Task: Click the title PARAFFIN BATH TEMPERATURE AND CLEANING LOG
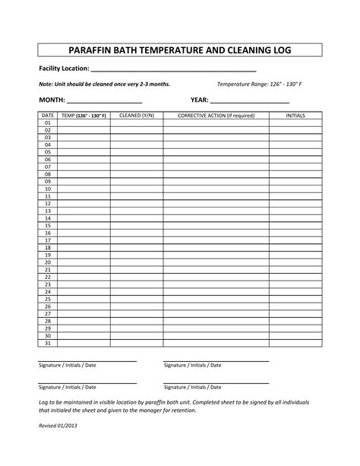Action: pos(179,50)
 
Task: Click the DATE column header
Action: pos(48,115)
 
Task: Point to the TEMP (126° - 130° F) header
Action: pos(84,115)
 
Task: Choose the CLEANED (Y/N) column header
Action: pos(136,115)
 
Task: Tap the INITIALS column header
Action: pos(295,115)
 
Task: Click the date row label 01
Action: pos(48,122)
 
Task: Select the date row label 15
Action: pos(48,226)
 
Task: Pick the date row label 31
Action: pos(48,342)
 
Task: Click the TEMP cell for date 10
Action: pos(84,189)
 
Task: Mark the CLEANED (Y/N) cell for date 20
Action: pos(136,262)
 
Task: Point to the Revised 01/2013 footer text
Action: pos(58,426)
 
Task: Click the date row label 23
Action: pos(48,284)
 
